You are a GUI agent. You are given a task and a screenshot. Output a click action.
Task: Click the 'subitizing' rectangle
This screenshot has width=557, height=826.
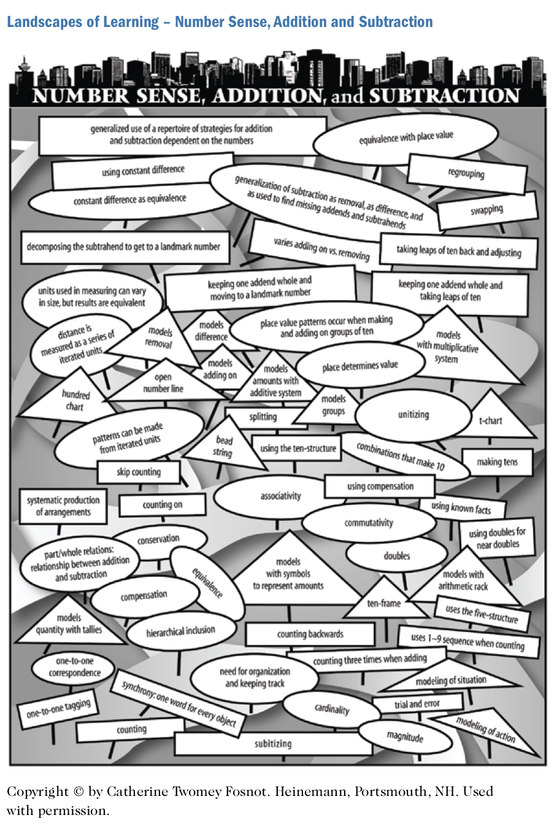tap(273, 744)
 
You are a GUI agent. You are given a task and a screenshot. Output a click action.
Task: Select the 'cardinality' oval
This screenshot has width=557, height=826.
tap(332, 709)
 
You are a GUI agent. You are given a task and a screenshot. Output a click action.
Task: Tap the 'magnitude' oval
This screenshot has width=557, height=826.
tap(405, 736)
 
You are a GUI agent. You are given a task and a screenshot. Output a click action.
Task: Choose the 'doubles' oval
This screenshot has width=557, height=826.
tap(397, 556)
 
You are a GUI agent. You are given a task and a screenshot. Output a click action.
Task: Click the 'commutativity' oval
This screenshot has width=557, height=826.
tap(369, 523)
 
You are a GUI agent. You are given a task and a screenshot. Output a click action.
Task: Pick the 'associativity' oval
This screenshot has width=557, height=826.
tap(280, 496)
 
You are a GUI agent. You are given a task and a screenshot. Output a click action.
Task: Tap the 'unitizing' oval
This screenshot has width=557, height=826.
tap(413, 415)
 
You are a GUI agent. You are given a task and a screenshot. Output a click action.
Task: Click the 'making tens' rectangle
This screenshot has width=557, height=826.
tap(497, 462)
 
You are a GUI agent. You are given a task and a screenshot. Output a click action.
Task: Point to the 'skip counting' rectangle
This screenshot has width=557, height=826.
tap(139, 472)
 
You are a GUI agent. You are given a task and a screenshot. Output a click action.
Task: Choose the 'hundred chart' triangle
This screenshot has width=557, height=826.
tap(75, 401)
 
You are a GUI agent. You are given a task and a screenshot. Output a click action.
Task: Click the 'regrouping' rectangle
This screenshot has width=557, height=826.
tap(466, 174)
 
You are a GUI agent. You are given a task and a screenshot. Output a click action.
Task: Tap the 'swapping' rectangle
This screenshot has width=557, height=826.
tap(487, 210)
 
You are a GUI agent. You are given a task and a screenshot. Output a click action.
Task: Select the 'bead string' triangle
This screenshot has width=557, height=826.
tap(224, 447)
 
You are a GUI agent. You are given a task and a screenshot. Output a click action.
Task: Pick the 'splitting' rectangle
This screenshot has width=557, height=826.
tap(263, 417)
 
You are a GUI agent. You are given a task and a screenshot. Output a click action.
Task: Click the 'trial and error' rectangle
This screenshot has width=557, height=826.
tap(417, 704)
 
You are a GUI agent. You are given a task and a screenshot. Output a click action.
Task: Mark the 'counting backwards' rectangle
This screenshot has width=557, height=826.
tap(310, 634)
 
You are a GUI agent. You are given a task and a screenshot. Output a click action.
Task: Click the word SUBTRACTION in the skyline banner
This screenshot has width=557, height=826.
tap(445, 96)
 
